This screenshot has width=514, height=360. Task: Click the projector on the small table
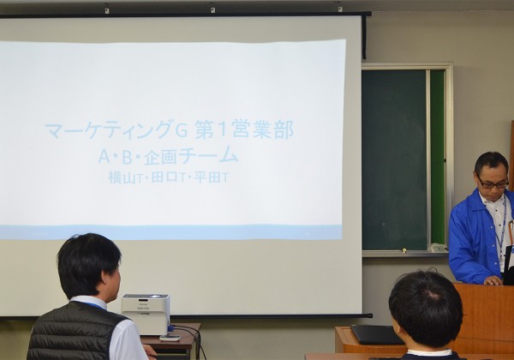pos(146,313)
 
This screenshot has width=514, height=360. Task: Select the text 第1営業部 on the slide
pos(244,129)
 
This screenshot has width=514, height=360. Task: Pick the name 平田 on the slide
pos(206,177)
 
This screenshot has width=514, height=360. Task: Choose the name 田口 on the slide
pos(164,177)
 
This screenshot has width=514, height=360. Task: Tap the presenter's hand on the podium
pos(493,280)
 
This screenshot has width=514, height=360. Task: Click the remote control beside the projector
pos(170,338)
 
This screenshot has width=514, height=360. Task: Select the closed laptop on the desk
pos(377,334)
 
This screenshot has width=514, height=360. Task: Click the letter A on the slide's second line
pos(104,157)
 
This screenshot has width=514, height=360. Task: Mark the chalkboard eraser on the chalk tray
pos(438,248)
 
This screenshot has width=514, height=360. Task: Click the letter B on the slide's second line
pos(127,157)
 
